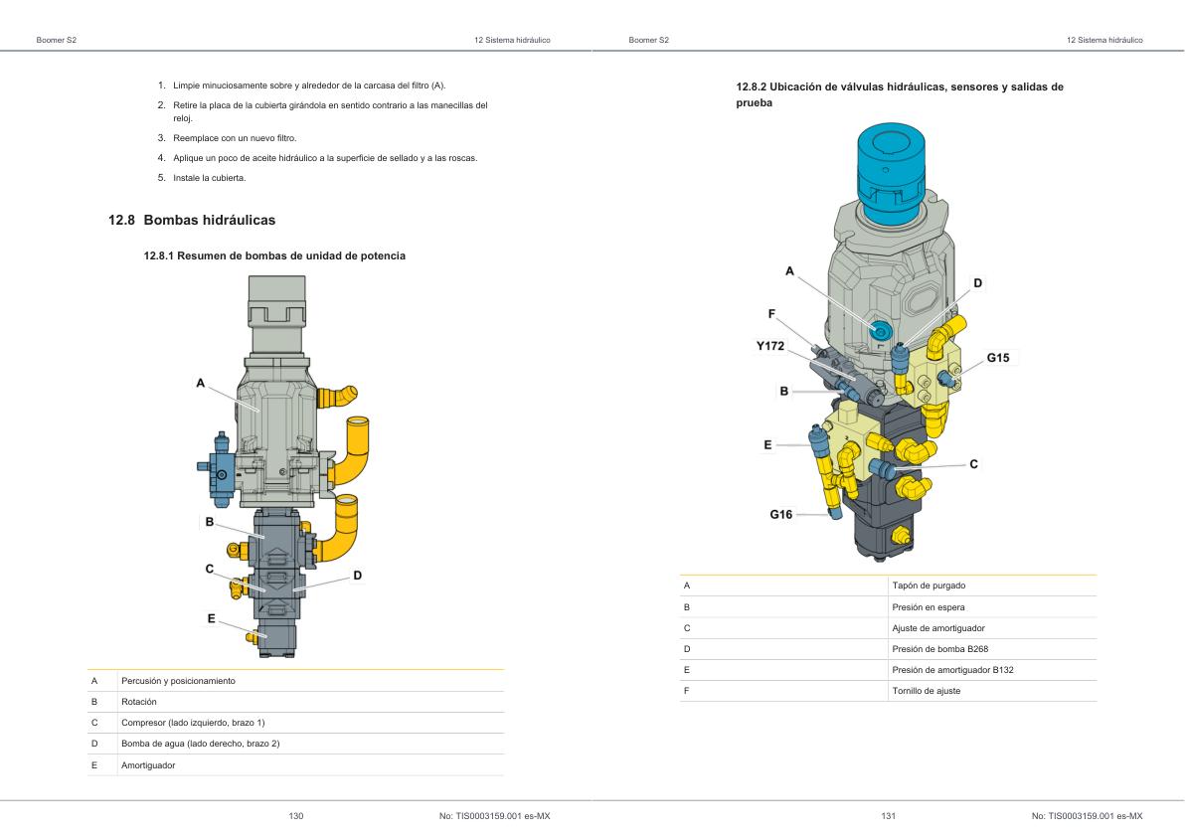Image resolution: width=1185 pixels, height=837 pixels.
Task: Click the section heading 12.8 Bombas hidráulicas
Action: coord(191,219)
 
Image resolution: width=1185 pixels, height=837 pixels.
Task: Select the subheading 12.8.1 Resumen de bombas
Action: coord(274,256)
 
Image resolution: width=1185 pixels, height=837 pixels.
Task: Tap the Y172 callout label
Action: coord(770,345)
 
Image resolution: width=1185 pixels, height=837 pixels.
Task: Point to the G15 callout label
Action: coord(997,357)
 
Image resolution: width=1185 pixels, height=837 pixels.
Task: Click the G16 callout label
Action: coord(781,514)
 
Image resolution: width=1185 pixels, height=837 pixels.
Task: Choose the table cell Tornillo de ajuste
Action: coord(927,690)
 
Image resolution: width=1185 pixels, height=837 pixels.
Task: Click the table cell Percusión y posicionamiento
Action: coord(177,681)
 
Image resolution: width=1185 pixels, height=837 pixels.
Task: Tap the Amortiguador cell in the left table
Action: coord(148,764)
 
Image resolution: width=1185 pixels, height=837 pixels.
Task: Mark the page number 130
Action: coord(295,816)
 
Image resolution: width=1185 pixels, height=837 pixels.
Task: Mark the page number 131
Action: coord(889,816)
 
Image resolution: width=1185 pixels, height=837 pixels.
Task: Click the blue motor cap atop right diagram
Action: coord(892,169)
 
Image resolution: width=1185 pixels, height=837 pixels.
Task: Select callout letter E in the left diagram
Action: coord(212,617)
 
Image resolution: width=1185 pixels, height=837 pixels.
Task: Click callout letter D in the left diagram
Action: coord(357,576)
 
